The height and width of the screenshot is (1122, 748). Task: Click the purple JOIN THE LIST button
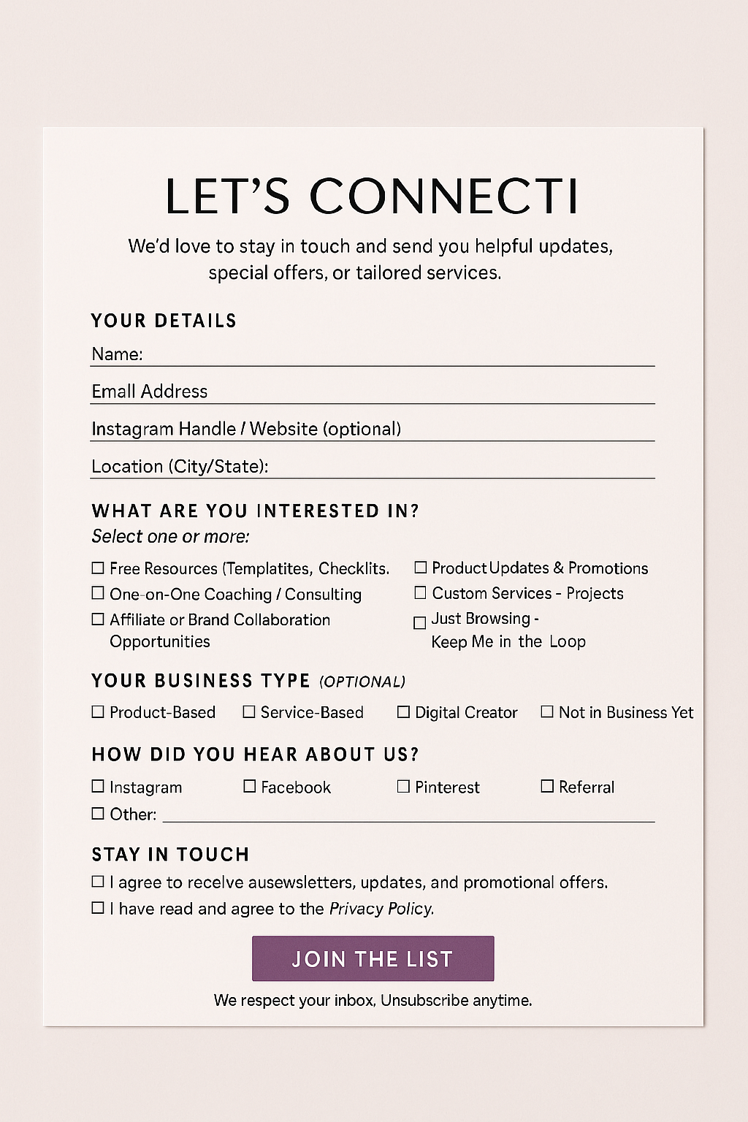[373, 958]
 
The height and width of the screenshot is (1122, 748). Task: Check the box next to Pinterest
[403, 786]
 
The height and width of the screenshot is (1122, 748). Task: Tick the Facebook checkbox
[250, 786]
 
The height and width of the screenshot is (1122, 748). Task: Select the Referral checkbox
[547, 786]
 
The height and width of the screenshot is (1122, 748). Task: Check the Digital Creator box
[403, 711]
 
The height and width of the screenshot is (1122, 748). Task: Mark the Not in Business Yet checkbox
[547, 711]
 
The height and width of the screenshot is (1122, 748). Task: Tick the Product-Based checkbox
[98, 711]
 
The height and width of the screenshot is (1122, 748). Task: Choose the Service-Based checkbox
[249, 711]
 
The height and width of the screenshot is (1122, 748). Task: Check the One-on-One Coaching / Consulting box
[98, 593]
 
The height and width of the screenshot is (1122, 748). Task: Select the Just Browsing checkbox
[420, 622]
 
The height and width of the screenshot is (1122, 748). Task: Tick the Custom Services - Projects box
[421, 592]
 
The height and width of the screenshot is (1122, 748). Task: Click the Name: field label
[117, 354]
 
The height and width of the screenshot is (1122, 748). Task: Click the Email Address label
[150, 392]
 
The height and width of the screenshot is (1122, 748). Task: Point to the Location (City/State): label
[180, 466]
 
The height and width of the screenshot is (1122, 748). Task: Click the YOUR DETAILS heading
[164, 321]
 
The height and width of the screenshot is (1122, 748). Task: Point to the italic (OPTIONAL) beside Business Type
[362, 682]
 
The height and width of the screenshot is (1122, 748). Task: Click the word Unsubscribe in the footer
[424, 1000]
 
